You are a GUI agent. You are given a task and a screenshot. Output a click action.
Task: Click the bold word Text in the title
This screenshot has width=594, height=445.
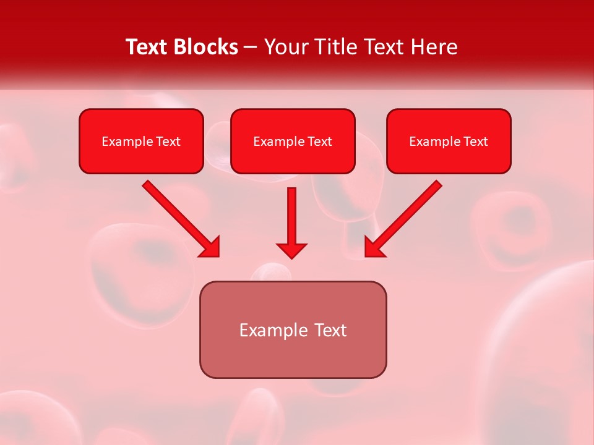148,47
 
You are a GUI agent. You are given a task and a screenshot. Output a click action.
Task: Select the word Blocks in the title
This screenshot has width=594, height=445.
207,47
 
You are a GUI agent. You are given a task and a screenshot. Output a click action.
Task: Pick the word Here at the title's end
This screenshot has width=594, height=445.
435,47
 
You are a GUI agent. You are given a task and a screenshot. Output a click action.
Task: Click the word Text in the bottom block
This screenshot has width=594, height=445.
331,330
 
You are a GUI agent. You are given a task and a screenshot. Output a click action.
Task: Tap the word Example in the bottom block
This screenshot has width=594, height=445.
273,330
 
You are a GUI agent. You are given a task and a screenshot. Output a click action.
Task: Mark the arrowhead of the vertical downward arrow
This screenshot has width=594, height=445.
291,250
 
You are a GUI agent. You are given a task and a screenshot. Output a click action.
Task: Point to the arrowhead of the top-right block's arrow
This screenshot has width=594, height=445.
374,247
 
